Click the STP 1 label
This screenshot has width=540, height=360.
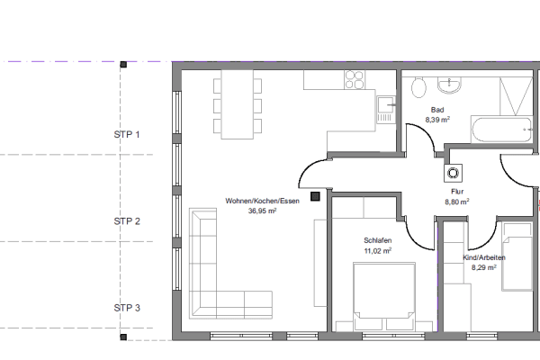[127, 135]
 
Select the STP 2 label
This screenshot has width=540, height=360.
[127, 220]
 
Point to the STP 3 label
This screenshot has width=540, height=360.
[127, 307]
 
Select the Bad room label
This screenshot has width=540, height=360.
[437, 109]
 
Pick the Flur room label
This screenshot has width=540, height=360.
[457, 192]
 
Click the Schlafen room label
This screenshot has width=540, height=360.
[377, 241]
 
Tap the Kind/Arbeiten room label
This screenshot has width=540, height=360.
[483, 257]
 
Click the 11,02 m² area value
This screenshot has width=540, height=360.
[377, 251]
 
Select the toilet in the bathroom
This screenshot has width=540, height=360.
[417, 88]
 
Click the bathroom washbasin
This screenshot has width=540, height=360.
[449, 85]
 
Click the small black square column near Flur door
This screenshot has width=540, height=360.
[314, 194]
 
